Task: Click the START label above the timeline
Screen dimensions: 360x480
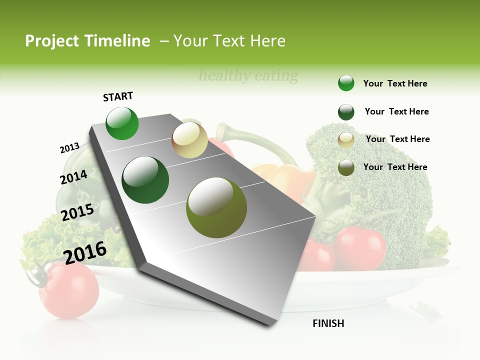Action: (x=118, y=96)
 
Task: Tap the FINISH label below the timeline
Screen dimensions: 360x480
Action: (x=328, y=323)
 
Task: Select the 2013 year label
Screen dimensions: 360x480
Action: (x=70, y=148)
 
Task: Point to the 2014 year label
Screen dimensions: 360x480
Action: (x=74, y=177)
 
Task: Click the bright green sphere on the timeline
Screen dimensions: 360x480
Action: (x=122, y=123)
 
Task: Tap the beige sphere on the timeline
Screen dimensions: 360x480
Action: (x=189, y=140)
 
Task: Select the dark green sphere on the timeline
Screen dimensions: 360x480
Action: (x=145, y=180)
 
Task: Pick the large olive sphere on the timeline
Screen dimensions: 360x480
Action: (x=216, y=207)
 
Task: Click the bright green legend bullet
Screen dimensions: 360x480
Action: (x=346, y=83)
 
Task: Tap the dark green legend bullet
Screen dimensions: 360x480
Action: (x=346, y=112)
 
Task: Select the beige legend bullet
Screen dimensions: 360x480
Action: (x=346, y=140)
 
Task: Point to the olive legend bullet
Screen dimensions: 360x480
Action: (x=346, y=167)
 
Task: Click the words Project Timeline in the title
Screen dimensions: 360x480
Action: (x=87, y=41)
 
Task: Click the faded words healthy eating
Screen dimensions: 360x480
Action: (x=248, y=76)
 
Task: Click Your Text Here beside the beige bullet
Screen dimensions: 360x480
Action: (x=398, y=139)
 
